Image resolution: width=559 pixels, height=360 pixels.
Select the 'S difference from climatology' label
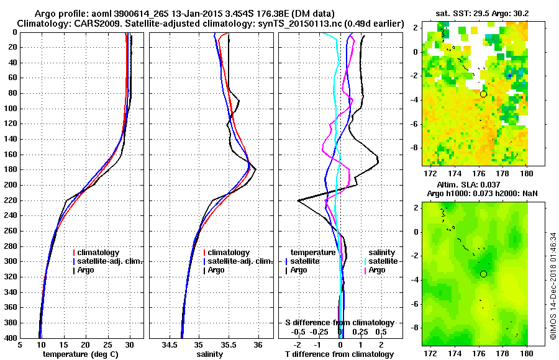(x=340, y=323)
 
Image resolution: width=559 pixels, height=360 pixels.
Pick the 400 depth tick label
(x=12, y=338)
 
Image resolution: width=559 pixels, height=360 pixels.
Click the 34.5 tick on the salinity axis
(x=170, y=344)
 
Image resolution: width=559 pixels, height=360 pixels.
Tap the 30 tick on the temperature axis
(x=130, y=344)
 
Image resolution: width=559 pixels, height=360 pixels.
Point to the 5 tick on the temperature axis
(x=20, y=344)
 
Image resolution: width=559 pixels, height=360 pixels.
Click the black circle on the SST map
(x=483, y=94)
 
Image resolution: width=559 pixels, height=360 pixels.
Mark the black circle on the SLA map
(x=483, y=274)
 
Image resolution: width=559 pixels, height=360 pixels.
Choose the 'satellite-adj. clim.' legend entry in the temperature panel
(x=112, y=261)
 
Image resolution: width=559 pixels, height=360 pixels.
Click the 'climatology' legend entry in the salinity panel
(x=229, y=253)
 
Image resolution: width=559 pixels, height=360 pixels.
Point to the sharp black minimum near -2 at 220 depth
(x=299, y=200)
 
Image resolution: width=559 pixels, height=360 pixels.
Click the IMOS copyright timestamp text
(x=553, y=286)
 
